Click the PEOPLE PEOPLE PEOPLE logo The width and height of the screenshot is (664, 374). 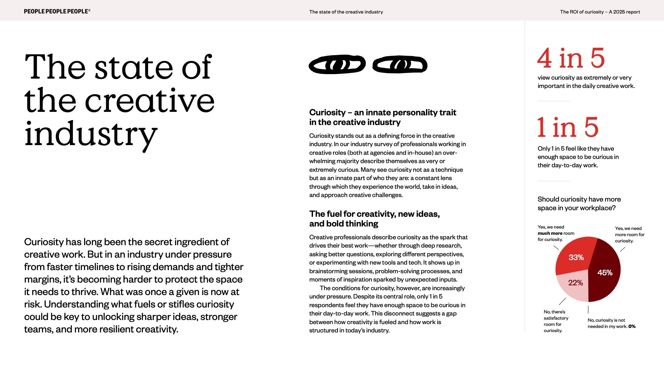[x=57, y=11]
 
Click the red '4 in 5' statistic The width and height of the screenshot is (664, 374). [x=571, y=58]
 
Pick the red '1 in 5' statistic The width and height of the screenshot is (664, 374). [x=568, y=127]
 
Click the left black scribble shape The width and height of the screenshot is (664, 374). [x=337, y=64]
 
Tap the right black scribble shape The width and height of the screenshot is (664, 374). [x=400, y=65]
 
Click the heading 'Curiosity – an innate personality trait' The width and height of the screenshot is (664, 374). [x=382, y=113]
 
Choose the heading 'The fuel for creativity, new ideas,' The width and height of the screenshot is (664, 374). [x=374, y=214]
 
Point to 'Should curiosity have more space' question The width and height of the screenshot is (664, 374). [x=579, y=203]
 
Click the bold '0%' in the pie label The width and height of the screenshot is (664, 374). [x=632, y=327]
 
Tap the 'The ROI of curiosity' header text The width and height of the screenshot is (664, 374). [x=600, y=12]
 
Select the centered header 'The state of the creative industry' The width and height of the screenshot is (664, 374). [x=346, y=12]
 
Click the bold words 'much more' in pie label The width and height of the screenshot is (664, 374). [x=550, y=233]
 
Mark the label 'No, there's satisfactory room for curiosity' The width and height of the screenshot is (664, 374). [x=556, y=321]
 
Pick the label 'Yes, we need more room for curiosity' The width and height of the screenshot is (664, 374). [x=629, y=234]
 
